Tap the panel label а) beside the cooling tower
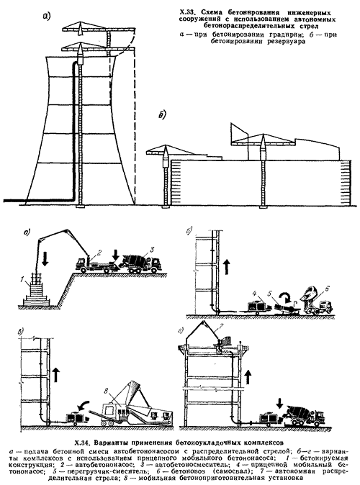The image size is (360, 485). (46, 17)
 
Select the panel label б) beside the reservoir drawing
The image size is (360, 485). (161, 115)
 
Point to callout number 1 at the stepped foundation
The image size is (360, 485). (22, 280)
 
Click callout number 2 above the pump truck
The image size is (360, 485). (99, 253)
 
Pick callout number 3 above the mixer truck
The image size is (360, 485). (151, 249)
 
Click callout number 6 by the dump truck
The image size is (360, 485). (328, 289)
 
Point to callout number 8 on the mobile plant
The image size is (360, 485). (106, 390)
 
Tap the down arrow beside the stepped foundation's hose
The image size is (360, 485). (45, 258)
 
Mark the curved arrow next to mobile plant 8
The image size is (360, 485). (83, 406)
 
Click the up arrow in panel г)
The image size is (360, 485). (248, 376)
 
